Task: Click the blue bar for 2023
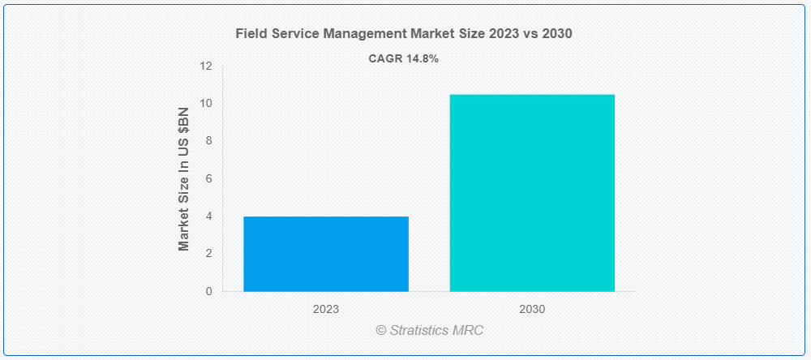click(326, 254)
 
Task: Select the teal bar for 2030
click(532, 193)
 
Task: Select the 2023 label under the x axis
click(326, 309)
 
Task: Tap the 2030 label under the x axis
click(532, 309)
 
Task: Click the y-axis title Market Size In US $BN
click(184, 178)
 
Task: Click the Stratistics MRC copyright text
click(430, 331)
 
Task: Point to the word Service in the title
click(291, 34)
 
